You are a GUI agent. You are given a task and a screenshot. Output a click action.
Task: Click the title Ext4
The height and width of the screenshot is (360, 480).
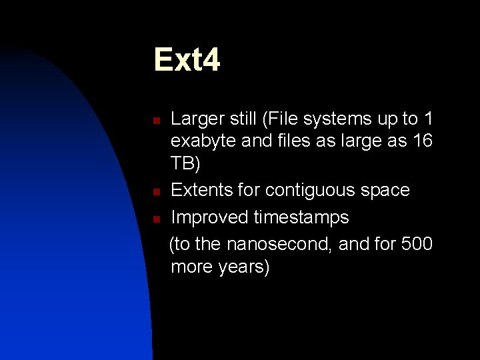click(x=187, y=60)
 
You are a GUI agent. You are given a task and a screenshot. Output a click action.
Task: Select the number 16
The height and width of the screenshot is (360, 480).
click(x=422, y=141)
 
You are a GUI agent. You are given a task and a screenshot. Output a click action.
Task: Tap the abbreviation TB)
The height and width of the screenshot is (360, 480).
click(x=185, y=164)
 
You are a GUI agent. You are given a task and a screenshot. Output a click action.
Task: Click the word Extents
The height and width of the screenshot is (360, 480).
click(x=203, y=191)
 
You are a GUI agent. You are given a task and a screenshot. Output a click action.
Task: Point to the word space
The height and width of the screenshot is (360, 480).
click(x=386, y=191)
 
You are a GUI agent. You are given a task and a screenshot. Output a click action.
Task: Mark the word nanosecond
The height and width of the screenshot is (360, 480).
click(x=279, y=245)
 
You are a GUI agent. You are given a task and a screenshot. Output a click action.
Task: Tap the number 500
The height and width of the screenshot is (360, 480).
click(x=417, y=245)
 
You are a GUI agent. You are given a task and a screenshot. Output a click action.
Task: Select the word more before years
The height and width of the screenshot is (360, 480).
click(x=192, y=267)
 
